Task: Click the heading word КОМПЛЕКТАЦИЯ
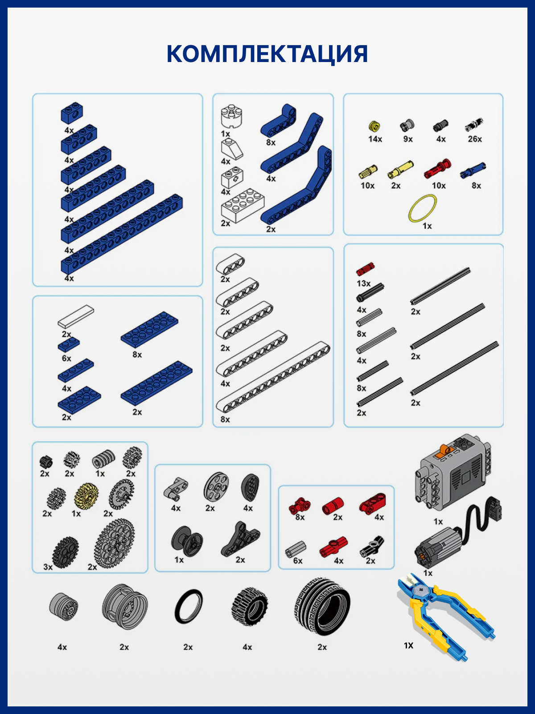[267, 54]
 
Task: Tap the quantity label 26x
[474, 139]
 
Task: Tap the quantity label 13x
[363, 284]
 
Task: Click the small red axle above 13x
[365, 269]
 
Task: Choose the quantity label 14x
[375, 139]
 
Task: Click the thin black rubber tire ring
[189, 607]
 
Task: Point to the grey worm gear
[103, 459]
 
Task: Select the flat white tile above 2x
[76, 316]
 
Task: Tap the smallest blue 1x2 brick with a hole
[72, 113]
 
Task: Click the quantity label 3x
[48, 567]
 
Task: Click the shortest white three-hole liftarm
[230, 264]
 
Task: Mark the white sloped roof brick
[232, 148]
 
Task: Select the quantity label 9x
[407, 139]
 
